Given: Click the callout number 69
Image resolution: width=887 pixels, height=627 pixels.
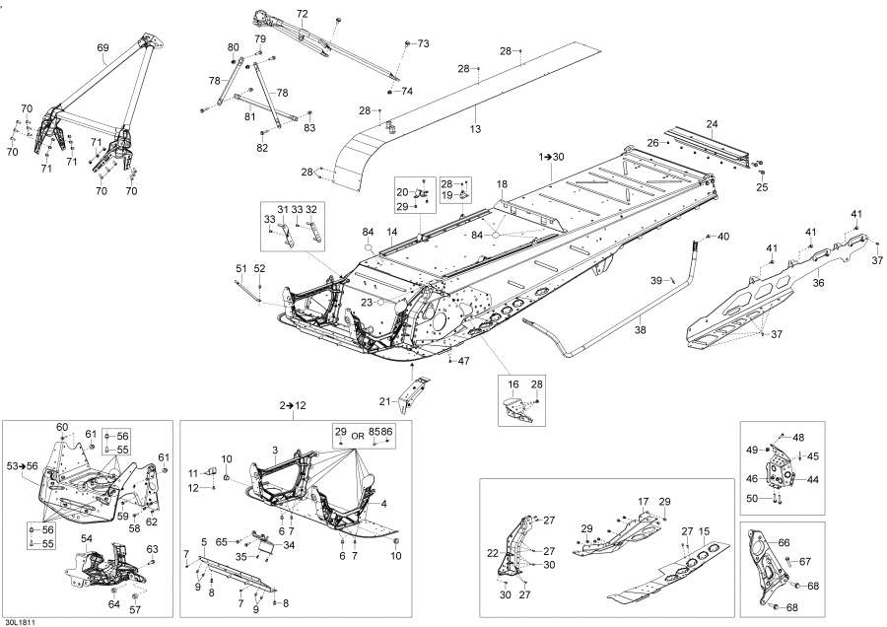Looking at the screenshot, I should click(102, 47).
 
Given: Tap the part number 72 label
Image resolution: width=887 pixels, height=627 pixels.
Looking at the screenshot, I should click(302, 14).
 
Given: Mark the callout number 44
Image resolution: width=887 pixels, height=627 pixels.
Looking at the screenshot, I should click(812, 479).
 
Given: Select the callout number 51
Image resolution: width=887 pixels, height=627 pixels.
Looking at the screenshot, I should click(240, 268).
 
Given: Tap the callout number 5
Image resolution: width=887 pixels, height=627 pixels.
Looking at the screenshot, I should click(203, 540).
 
